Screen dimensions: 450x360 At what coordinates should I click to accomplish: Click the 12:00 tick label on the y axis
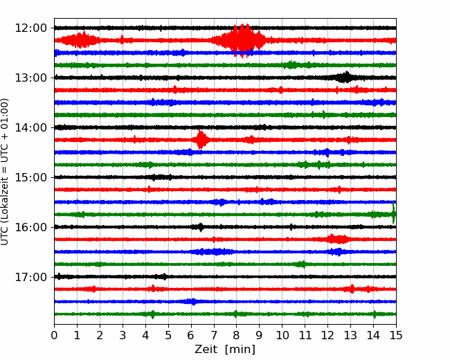click(30, 28)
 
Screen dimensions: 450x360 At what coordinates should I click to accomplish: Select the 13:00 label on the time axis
click(30, 78)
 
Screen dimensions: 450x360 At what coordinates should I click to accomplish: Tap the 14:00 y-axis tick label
click(30, 127)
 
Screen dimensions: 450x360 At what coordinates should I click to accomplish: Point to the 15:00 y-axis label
click(30, 177)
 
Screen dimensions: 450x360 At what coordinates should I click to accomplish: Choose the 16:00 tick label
click(30, 227)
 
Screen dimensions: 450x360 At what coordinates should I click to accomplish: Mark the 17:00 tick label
click(30, 277)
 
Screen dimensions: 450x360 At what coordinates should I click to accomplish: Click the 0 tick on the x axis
click(54, 335)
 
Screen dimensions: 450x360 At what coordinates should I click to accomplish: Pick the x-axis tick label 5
click(168, 335)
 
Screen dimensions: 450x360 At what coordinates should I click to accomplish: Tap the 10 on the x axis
click(282, 335)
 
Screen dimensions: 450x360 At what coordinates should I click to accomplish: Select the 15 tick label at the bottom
click(396, 335)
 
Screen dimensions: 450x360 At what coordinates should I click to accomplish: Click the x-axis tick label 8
click(237, 335)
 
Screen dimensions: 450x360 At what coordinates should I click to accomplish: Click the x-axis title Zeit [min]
click(225, 350)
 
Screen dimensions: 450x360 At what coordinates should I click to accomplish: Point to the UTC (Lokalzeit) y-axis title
click(4, 172)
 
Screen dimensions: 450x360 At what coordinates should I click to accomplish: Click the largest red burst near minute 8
click(241, 40)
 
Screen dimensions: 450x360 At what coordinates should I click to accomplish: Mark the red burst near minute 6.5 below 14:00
click(201, 140)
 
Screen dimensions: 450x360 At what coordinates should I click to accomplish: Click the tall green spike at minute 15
click(393, 213)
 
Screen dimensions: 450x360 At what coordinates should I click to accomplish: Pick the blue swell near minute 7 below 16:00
click(214, 252)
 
